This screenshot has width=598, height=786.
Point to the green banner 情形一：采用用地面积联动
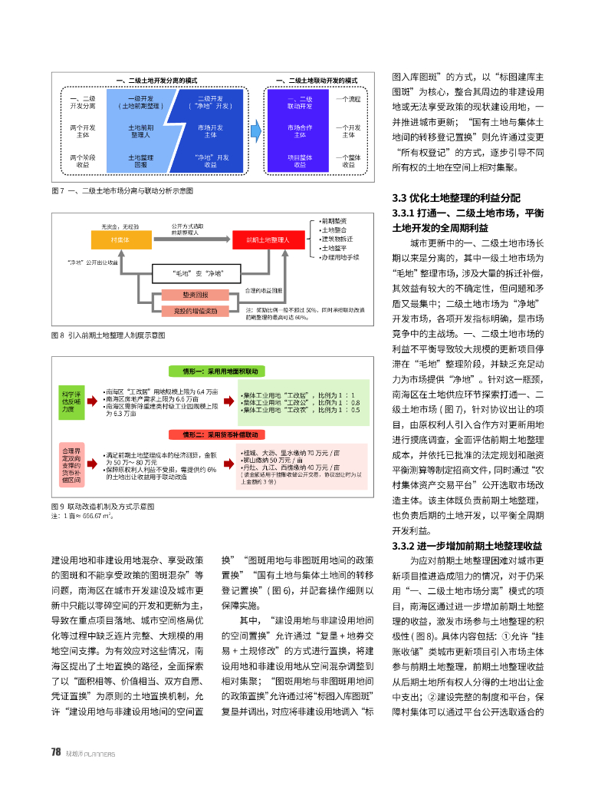coord(219,371)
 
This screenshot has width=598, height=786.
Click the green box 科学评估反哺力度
coord(71,402)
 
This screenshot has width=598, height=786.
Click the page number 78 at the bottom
coord(55,752)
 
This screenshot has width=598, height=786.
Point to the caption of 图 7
coord(121,190)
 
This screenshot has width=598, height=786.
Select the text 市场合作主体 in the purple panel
coord(300,130)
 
